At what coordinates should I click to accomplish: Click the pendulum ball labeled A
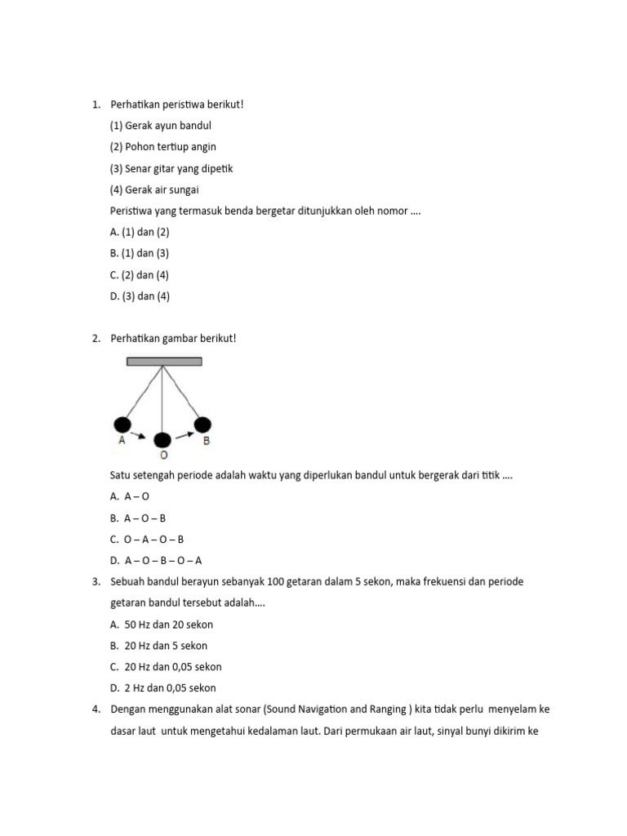122,425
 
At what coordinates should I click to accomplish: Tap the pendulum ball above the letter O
163,440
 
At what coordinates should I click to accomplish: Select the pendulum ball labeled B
202,425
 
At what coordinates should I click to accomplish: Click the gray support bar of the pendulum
164,361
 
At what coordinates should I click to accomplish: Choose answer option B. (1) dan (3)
140,254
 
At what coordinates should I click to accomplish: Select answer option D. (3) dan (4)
140,296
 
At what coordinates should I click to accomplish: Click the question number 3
96,581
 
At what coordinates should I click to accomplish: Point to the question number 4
96,709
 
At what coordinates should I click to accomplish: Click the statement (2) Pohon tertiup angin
162,147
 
